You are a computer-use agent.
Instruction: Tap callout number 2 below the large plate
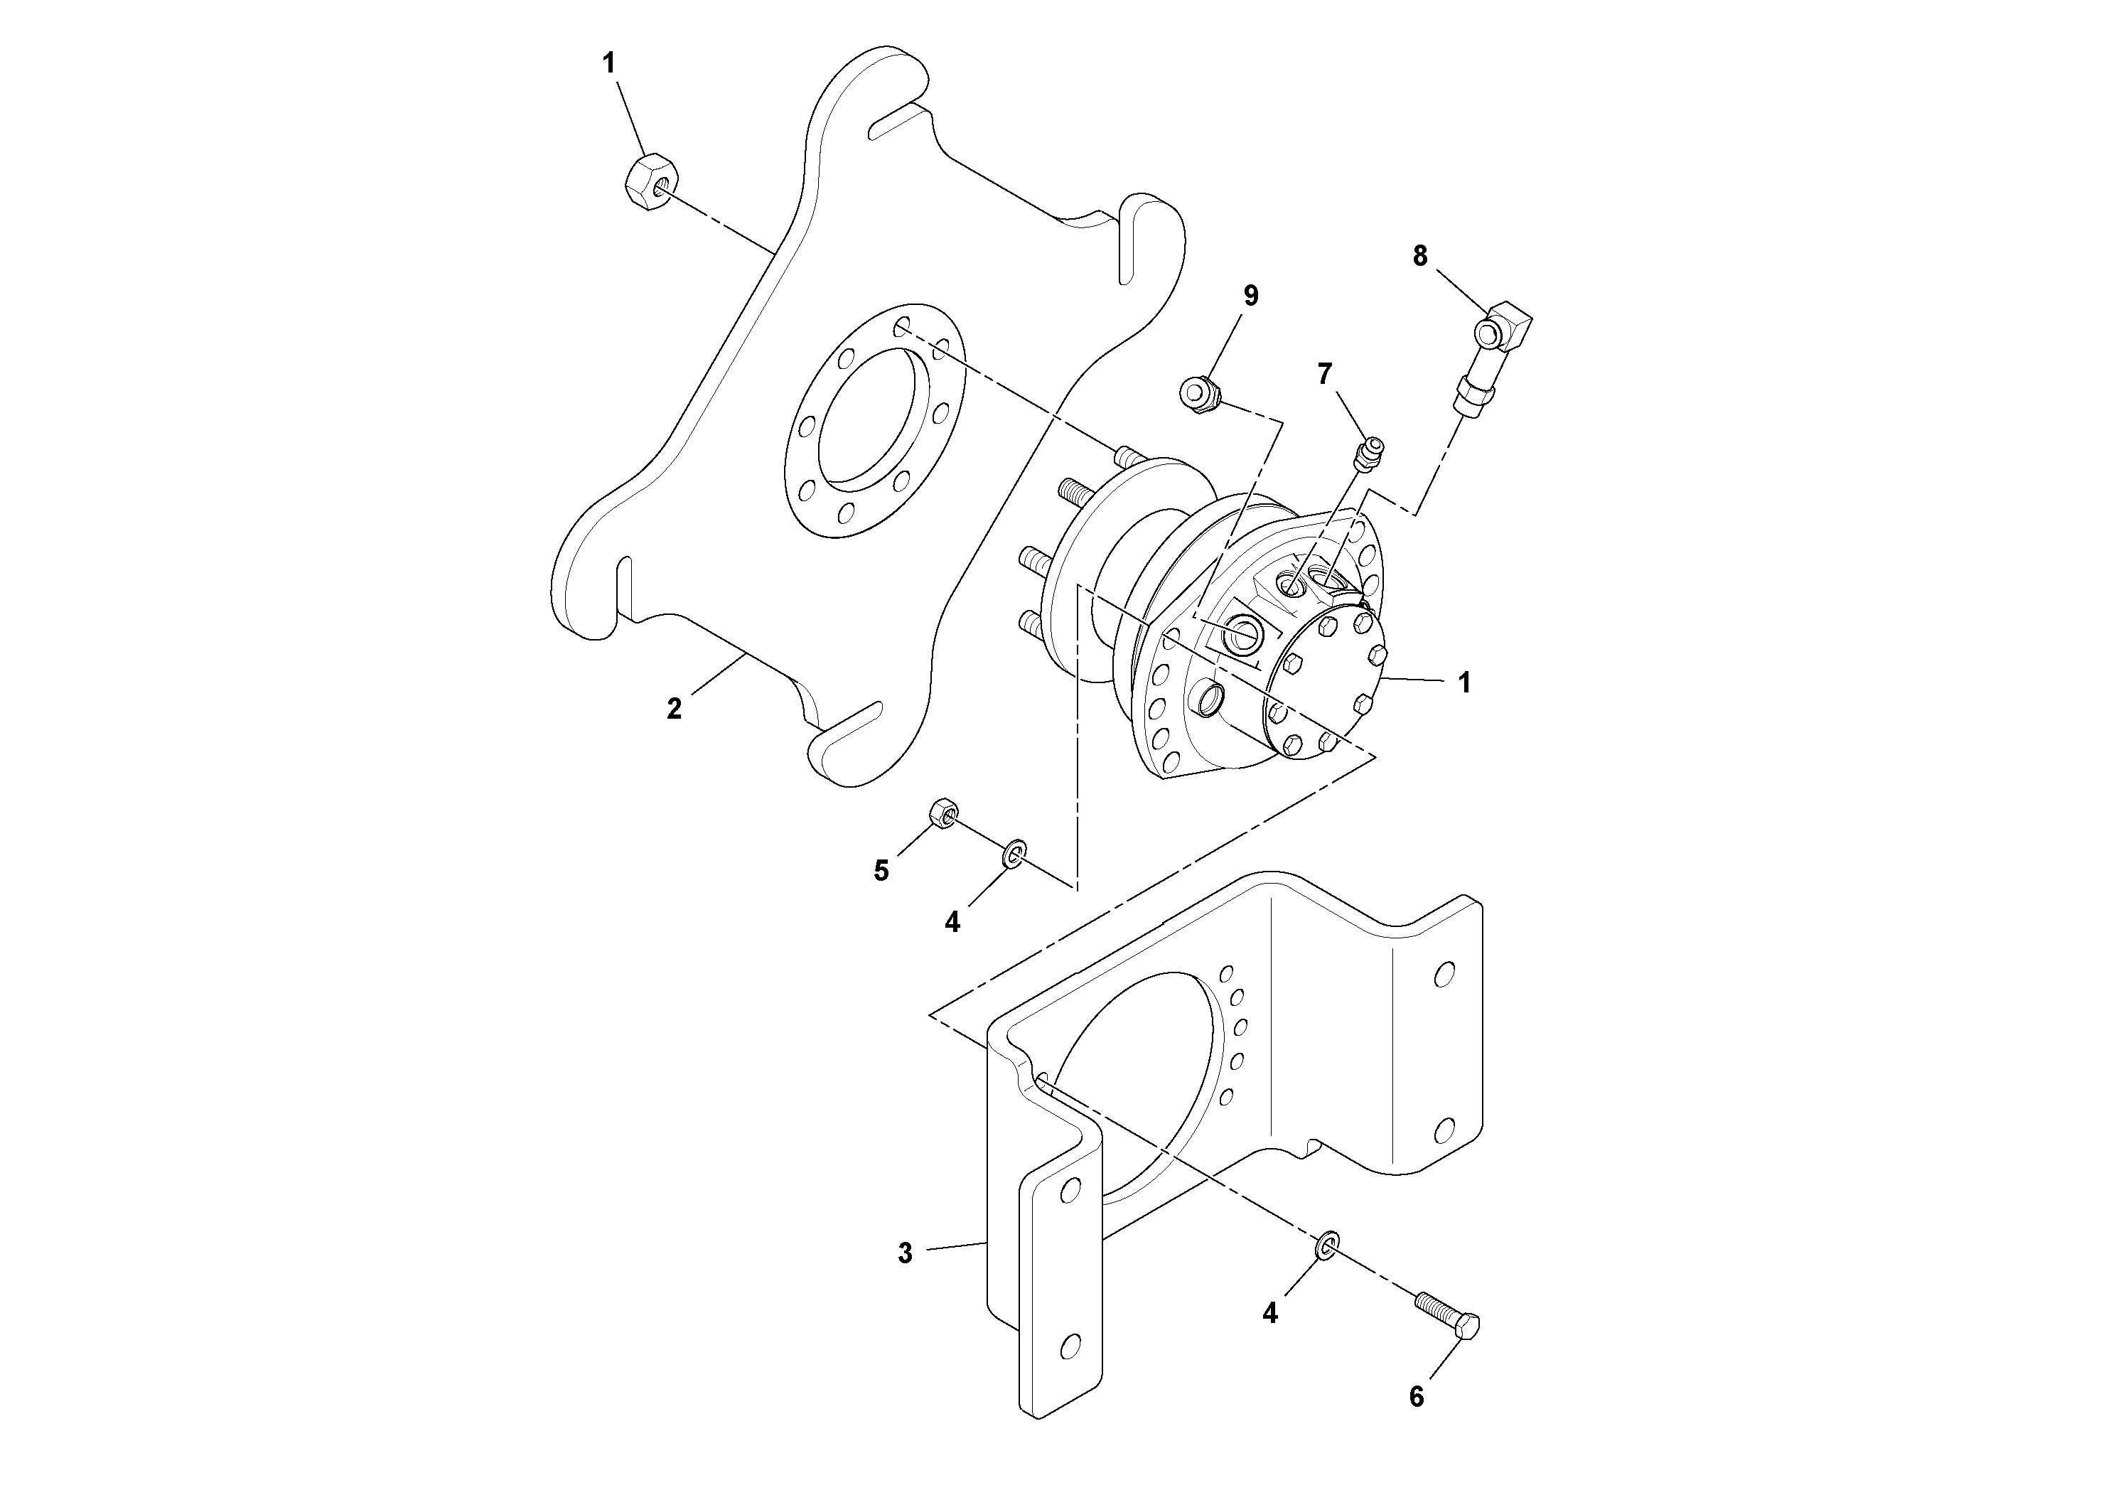675,709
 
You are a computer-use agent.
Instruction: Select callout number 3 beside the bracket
905,1253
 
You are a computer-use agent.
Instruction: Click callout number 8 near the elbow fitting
1420,256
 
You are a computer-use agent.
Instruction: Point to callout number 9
1250,295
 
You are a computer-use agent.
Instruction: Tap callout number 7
1324,373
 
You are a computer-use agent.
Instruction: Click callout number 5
881,871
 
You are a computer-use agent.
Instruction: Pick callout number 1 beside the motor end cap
1464,683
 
